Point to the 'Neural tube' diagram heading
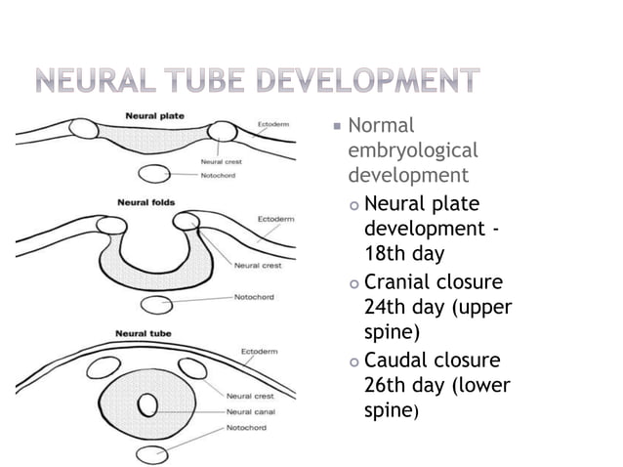point(143,333)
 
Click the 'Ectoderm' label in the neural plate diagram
point(273,125)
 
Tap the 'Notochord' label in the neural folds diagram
point(254,295)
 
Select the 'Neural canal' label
point(249,411)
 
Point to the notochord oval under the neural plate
point(157,174)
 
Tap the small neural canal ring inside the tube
point(148,403)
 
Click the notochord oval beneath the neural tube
point(153,454)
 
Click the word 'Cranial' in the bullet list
point(397,282)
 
